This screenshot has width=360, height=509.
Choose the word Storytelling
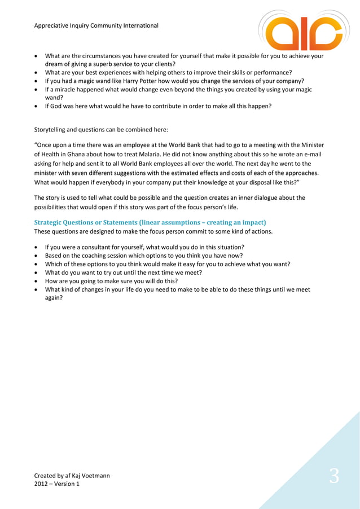pyautogui.click(x=54, y=129)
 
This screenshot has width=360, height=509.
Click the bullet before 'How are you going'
pyautogui.click(x=37, y=280)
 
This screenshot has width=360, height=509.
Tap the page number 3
pyautogui.click(x=334, y=477)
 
